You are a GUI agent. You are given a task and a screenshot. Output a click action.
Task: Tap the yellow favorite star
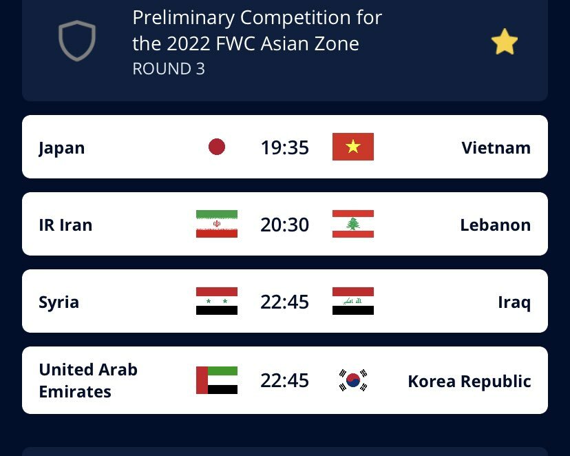(504, 42)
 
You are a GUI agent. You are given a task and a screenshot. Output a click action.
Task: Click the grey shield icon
(77, 41)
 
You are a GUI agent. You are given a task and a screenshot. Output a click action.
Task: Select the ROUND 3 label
(169, 69)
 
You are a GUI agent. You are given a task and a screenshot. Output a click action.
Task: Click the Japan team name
(62, 148)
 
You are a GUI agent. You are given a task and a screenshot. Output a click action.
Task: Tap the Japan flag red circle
(217, 147)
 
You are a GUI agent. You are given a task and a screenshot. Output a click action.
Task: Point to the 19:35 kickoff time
(284, 147)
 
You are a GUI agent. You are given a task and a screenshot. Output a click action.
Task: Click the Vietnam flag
(353, 147)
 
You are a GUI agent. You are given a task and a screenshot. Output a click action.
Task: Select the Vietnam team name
(496, 147)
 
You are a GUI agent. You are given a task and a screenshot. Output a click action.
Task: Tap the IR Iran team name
(65, 225)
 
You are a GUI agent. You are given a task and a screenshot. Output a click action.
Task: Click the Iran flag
(217, 224)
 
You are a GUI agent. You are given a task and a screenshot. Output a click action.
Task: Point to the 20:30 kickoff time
(284, 225)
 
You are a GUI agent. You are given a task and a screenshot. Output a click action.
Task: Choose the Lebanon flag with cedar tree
(353, 224)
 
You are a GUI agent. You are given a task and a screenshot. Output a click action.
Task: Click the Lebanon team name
(496, 225)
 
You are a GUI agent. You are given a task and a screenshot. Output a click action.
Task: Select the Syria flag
(217, 301)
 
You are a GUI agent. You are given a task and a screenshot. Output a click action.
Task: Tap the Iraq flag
(353, 301)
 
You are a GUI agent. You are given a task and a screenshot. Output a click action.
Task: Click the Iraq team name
(514, 302)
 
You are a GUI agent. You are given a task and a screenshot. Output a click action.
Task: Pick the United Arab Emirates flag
(217, 380)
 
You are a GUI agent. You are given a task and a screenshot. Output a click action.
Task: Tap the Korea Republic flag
(353, 380)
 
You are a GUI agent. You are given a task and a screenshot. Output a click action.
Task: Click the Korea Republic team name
(469, 382)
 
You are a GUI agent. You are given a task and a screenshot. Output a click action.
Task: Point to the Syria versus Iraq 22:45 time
(284, 302)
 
